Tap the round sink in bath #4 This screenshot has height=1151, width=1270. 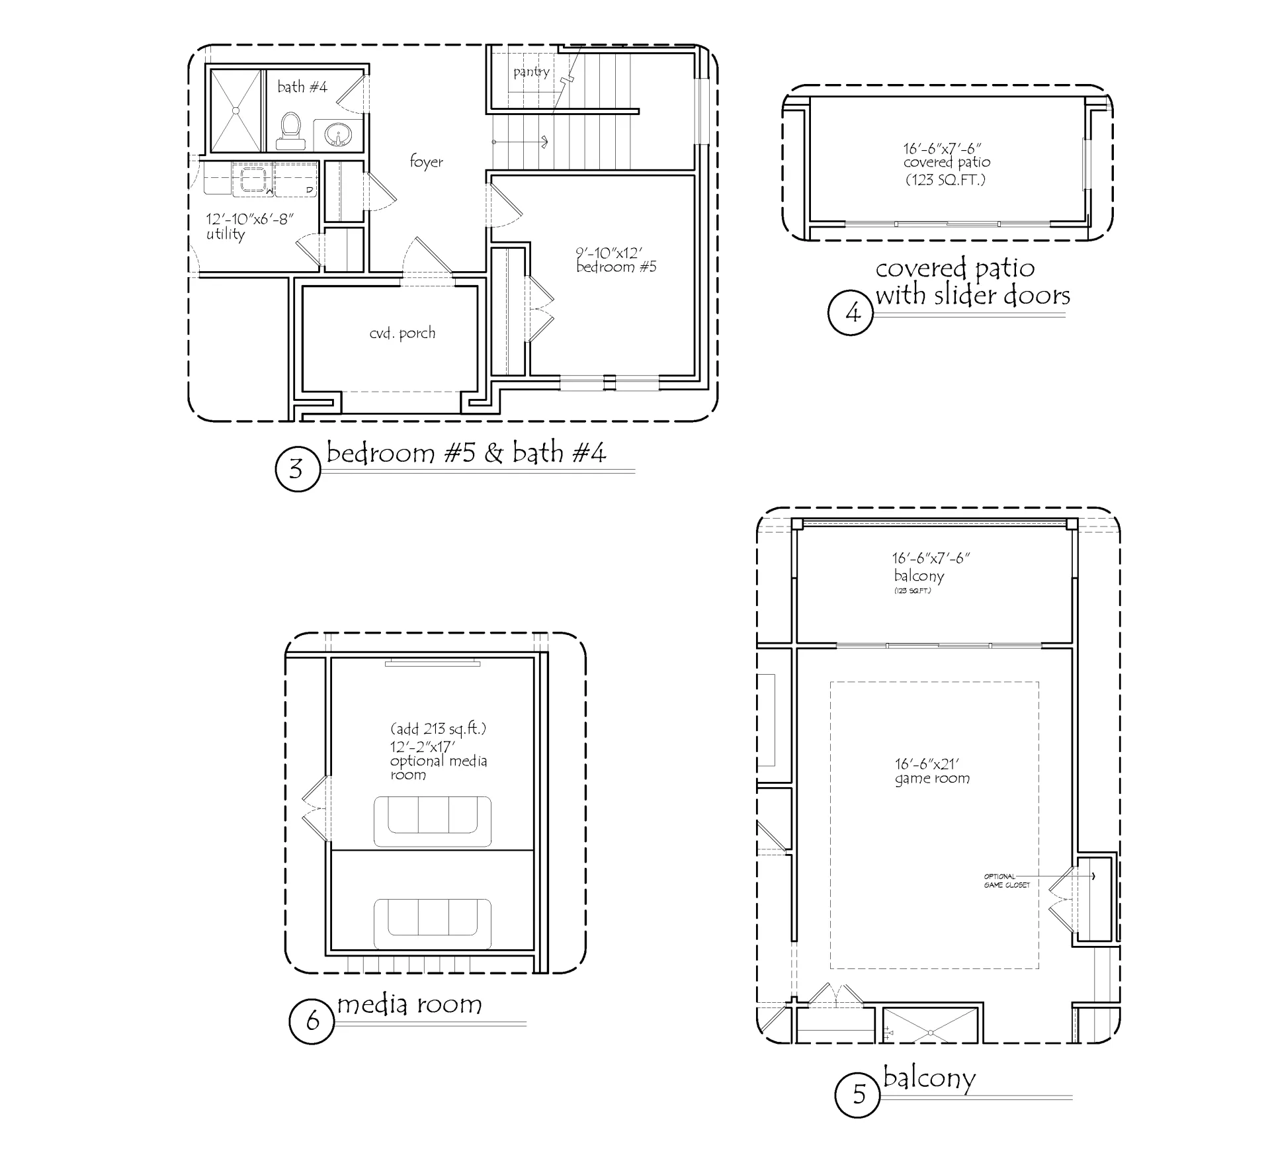pos(337,136)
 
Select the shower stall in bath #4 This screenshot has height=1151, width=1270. pos(236,110)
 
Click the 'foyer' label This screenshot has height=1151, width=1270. pos(426,161)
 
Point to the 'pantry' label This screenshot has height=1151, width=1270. pos(531,71)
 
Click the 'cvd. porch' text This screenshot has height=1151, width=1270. pos(402,333)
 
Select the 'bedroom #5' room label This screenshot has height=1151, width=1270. pos(616,267)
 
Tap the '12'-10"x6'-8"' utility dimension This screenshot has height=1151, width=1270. pos(249,219)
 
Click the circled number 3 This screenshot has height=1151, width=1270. pos(297,469)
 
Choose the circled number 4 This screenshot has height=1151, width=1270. pos(851,312)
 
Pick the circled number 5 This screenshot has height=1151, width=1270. pos(858,1095)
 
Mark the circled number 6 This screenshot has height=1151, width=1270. pos(312,1021)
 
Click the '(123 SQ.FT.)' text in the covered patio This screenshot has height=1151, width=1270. pos(945,179)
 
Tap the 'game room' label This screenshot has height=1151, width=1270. pos(932,779)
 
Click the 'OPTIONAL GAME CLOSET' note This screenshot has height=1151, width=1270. pos(1007,880)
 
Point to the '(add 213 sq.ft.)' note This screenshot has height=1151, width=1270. pos(438,729)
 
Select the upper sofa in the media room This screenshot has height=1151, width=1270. pos(433,822)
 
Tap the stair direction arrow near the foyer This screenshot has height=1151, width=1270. pos(520,142)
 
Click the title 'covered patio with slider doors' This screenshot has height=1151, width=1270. pos(972,282)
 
